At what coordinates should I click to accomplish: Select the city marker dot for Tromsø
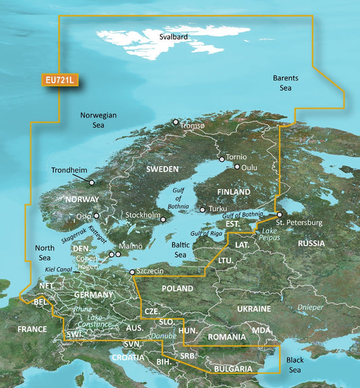click(176, 122)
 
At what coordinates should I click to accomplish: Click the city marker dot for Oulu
click(237, 166)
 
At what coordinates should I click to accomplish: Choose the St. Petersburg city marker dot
click(280, 215)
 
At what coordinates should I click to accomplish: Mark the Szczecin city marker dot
click(132, 273)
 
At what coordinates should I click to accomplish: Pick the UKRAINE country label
click(253, 308)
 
